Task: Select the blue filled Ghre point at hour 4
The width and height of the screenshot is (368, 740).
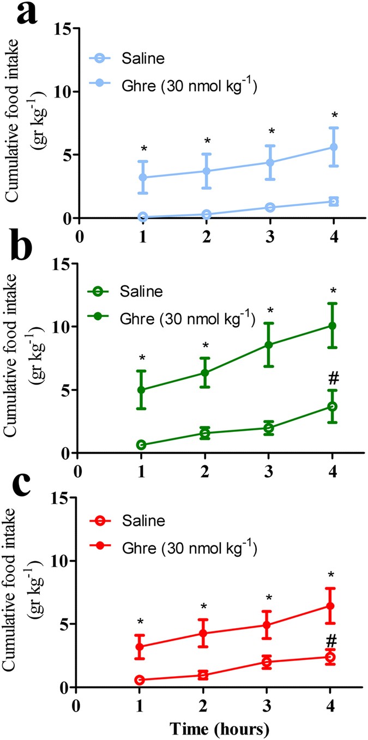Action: pyautogui.click(x=332, y=147)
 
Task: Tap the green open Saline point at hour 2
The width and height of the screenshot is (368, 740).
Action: pyautogui.click(x=205, y=434)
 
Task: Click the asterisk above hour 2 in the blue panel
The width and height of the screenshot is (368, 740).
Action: pyautogui.click(x=207, y=142)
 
